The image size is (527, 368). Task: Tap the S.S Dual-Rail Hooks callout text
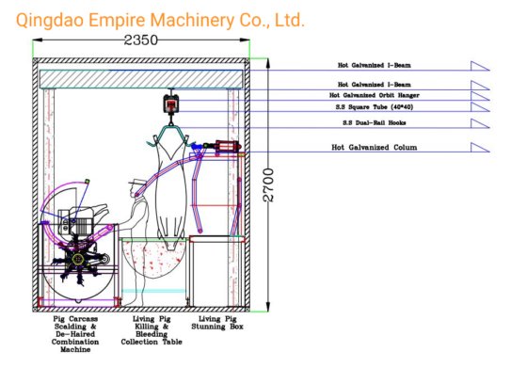tap(375, 123)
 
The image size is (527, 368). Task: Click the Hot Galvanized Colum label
tap(374, 148)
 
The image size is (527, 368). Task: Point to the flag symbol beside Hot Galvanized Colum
tap(484, 150)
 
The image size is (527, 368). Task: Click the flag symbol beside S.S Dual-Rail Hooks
tap(484, 125)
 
